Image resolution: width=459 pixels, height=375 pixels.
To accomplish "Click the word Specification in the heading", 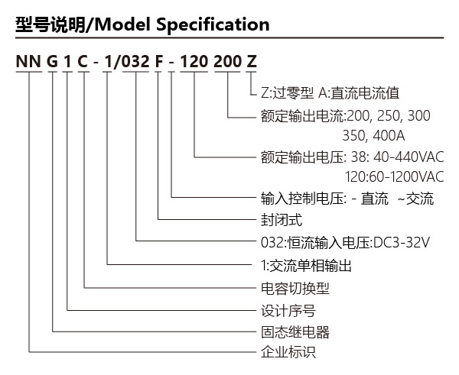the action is tap(213, 25).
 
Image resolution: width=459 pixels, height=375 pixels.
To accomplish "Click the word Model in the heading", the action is tap(123, 24).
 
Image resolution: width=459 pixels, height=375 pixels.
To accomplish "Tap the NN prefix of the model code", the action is tap(28, 62).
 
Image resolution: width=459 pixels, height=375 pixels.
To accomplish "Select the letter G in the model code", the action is tap(52, 62).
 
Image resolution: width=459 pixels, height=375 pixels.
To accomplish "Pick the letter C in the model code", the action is tap(83, 62).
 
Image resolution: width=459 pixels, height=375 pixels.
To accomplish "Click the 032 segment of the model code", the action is tap(135, 62).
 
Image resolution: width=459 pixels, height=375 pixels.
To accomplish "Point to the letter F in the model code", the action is tap(158, 62).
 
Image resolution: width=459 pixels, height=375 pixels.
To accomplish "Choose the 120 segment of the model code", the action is tap(194, 62).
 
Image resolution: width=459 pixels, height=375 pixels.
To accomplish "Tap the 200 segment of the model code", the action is tap(227, 62).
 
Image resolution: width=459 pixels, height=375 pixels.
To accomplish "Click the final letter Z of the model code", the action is tap(252, 62).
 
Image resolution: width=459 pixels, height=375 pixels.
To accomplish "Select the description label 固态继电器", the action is tap(295, 332).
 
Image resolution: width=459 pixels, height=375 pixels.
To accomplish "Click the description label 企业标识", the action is tap(288, 352).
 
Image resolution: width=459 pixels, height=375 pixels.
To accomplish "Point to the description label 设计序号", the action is tap(288, 311).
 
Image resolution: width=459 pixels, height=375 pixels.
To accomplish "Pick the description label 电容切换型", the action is tap(295, 289).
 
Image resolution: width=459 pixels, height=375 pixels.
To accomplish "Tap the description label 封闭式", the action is tap(282, 220).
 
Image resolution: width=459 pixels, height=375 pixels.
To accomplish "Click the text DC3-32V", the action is tap(401, 242).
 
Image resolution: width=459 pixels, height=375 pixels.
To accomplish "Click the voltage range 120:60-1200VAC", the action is tap(394, 177).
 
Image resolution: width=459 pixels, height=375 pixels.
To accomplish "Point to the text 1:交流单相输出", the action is tap(306, 266).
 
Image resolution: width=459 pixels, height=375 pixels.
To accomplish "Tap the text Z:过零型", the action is tap(287, 93).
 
